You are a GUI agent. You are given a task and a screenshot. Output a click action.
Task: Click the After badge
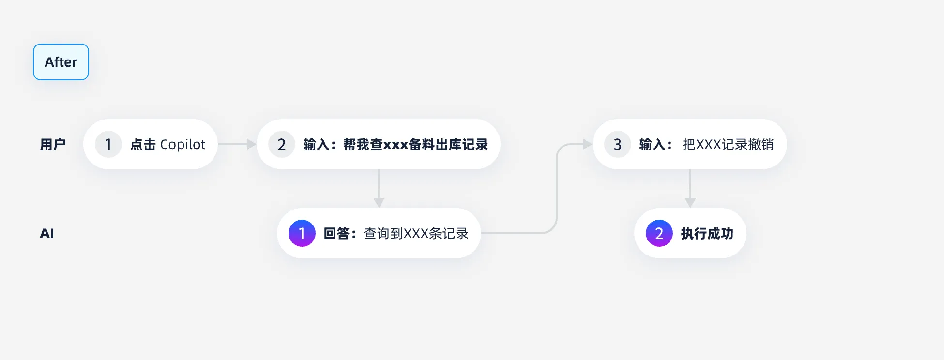pos(61,62)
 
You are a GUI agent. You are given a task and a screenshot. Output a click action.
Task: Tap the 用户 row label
pos(52,144)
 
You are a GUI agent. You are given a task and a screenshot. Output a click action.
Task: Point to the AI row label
pos(47,234)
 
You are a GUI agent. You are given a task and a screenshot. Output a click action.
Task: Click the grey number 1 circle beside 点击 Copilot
pos(108,144)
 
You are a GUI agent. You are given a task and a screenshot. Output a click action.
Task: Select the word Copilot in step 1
pos(183,144)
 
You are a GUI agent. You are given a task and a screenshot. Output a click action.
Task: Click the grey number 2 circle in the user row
pos(282,144)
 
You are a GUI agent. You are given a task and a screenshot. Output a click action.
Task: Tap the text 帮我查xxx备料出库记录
pos(415,144)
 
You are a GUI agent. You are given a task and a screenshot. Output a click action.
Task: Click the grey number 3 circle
pos(617,144)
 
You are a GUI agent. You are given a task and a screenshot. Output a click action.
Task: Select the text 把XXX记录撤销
pos(728,144)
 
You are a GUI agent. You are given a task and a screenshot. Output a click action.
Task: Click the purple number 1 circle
pos(302,233)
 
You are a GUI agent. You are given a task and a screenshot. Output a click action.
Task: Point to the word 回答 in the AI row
pos(336,234)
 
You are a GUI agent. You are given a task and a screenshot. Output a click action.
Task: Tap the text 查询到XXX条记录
pos(416,234)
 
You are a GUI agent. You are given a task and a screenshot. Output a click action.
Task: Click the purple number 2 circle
pos(659,233)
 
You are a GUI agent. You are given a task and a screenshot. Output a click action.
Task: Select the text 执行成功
pos(707,234)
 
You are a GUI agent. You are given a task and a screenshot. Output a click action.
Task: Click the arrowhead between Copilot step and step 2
pos(251,144)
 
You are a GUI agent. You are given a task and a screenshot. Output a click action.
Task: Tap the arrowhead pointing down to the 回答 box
pos(379,202)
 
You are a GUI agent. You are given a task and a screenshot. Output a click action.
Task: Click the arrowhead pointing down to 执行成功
pos(690,202)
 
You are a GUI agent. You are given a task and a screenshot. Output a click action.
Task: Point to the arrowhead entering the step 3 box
pos(587,144)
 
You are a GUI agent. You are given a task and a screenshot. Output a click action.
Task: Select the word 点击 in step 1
pos(143,144)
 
